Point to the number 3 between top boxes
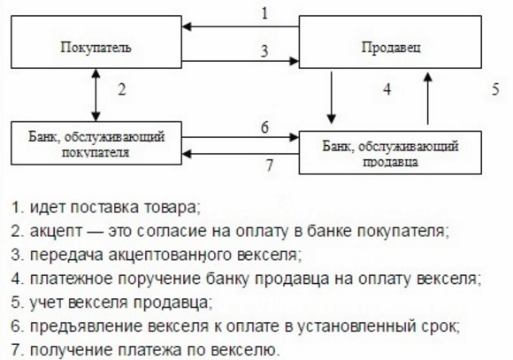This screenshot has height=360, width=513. click(x=263, y=51)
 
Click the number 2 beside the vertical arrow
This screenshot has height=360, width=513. click(x=123, y=90)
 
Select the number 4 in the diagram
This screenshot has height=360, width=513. click(x=386, y=90)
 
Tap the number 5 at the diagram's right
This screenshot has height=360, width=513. click(x=496, y=90)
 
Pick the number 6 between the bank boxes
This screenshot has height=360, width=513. click(x=264, y=126)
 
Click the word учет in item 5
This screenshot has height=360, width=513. click(x=47, y=303)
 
